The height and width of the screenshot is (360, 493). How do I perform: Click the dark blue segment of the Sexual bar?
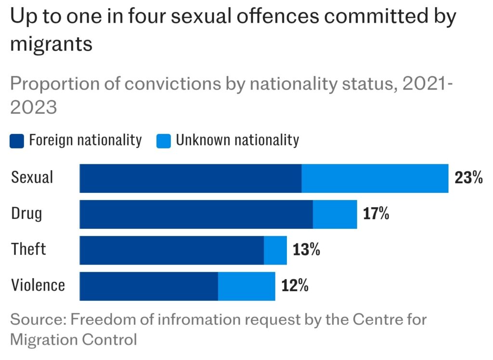190,178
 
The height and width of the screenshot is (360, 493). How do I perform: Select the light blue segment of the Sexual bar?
375,178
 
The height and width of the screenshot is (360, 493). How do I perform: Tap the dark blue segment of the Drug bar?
196,214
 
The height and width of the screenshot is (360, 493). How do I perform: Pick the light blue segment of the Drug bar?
335,214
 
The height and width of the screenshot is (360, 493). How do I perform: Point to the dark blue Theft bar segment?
171,250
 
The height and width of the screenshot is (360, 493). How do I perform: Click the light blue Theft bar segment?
275,250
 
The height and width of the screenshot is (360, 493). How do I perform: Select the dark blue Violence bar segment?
148,286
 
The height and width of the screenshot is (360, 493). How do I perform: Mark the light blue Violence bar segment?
246,286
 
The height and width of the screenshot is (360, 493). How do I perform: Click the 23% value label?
468,178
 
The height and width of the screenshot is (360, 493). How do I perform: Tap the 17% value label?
376,214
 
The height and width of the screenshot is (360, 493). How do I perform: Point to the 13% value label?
306,250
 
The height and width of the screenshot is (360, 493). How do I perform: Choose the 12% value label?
295,286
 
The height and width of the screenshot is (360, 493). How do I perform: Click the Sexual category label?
32,177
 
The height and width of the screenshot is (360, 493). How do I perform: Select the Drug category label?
26,213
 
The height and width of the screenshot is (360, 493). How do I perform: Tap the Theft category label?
29,249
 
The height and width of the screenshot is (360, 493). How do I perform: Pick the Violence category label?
38,285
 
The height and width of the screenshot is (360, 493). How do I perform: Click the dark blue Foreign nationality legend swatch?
17,141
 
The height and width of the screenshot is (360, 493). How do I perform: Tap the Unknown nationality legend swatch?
164,141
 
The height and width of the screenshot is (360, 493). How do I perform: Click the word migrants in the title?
51,44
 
